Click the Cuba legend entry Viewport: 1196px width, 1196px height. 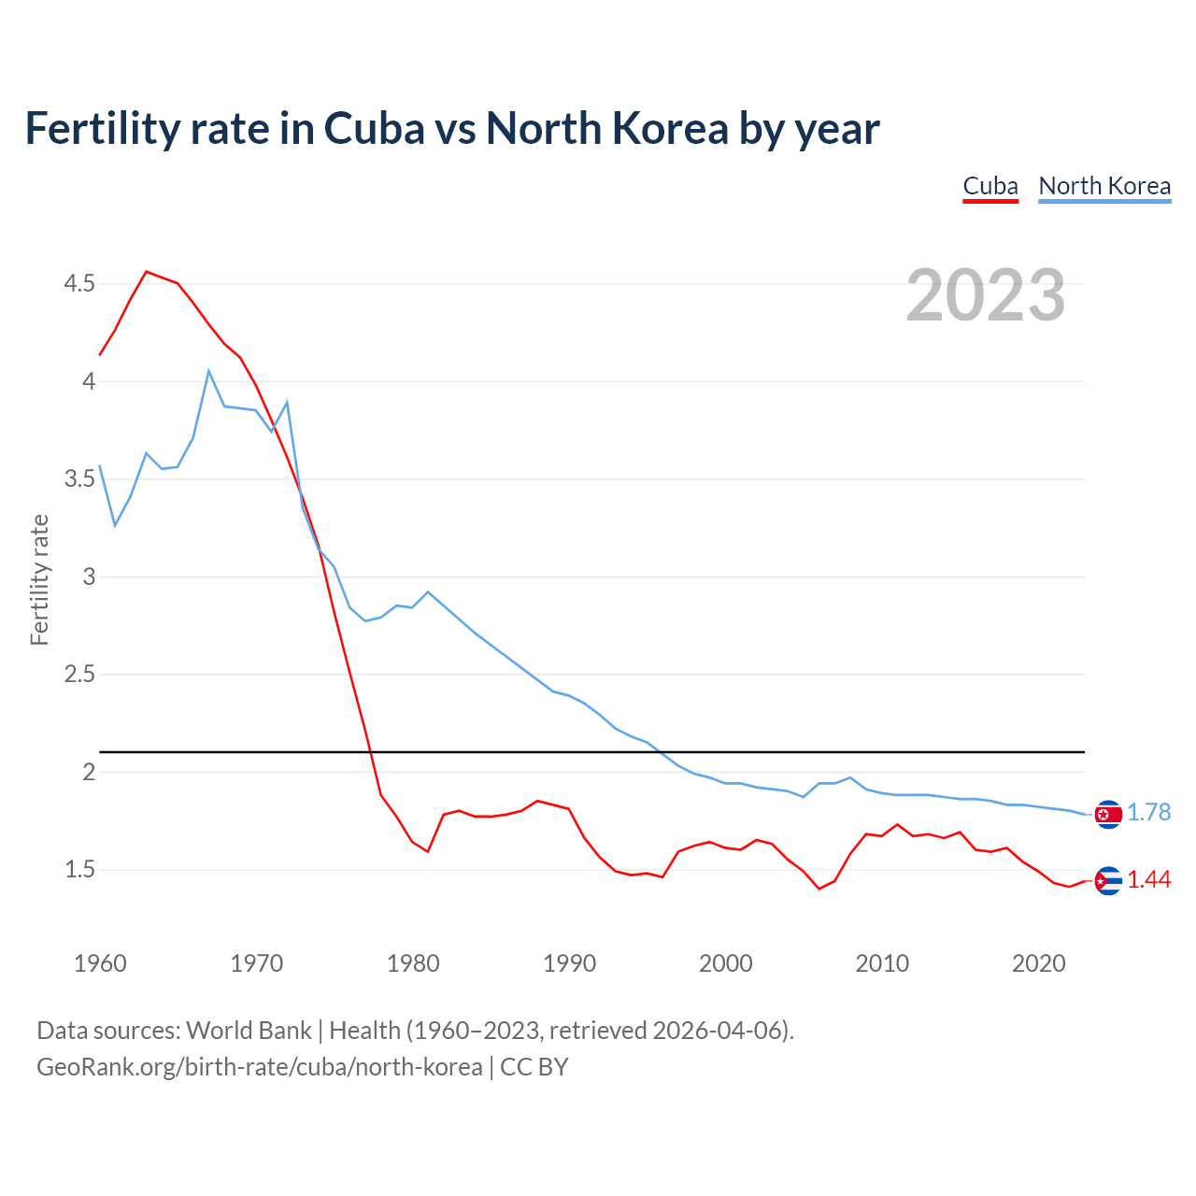990,186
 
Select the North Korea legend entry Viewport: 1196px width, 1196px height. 1104,186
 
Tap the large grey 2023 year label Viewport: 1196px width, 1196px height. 986,295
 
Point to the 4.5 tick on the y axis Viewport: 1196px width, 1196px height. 79,283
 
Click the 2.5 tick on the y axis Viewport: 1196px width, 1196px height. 79,674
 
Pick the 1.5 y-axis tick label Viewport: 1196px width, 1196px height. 79,869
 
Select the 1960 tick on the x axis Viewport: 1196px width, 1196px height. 100,963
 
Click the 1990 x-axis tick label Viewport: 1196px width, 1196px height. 569,963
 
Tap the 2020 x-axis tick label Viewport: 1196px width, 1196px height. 1038,963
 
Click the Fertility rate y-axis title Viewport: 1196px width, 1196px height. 39,579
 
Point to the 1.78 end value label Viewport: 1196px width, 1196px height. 1148,813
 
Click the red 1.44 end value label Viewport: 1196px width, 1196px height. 1148,880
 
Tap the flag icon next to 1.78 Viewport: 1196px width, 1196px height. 1108,815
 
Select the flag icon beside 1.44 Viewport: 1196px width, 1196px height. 1108,881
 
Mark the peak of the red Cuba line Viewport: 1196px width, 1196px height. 147,272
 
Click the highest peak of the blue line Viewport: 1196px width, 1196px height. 209,370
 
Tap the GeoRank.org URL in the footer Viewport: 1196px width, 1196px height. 260,1067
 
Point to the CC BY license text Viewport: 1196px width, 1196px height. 534,1067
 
